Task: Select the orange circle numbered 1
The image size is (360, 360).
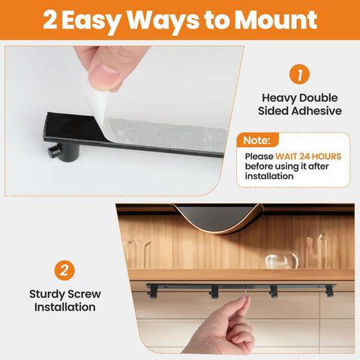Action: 300,75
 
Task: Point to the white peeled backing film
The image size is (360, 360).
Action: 165,131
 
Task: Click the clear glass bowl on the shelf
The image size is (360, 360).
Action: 282,261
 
